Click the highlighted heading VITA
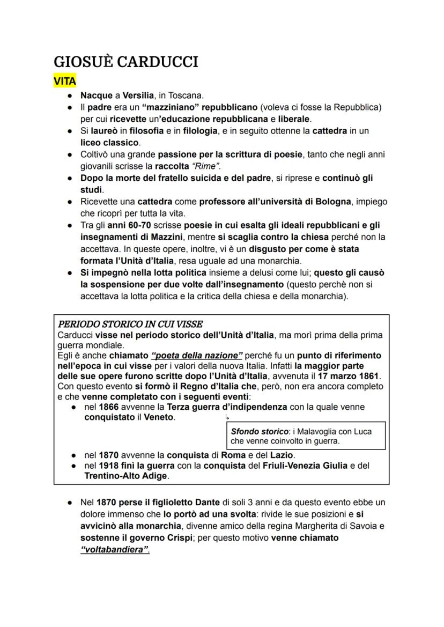tap(65, 82)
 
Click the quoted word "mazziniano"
tap(171, 107)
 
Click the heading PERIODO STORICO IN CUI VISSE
tap(130, 324)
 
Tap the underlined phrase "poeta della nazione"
tap(197, 356)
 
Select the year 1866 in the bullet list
tap(109, 407)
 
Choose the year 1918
tap(109, 466)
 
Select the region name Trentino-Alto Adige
tap(126, 476)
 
